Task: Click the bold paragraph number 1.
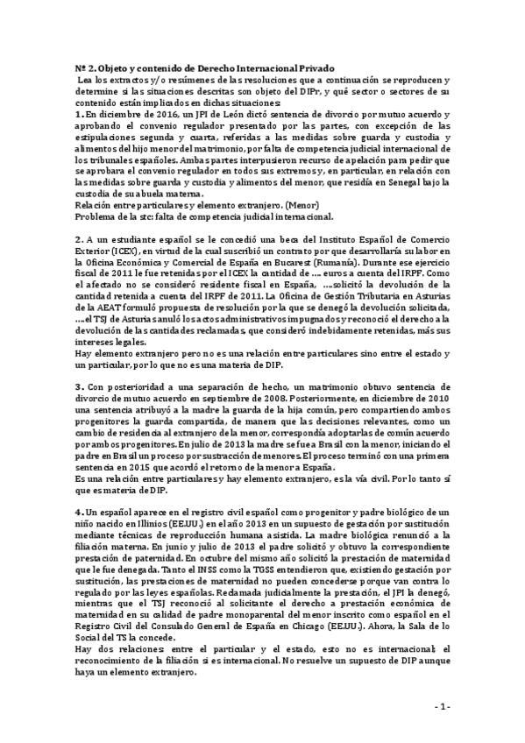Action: (x=78, y=115)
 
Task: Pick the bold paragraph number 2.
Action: (x=78, y=238)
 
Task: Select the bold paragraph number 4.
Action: (x=78, y=509)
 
